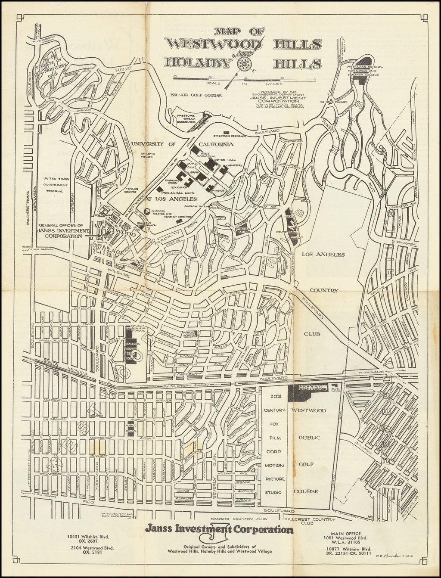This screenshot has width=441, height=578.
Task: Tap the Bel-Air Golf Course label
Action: (196, 95)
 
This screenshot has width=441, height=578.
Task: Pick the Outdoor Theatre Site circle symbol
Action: (148, 211)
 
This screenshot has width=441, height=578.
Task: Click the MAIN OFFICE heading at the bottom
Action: (349, 533)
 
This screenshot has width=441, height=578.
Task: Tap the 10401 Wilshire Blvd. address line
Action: (87, 537)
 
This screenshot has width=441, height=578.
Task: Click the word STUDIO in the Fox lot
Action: (273, 492)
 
